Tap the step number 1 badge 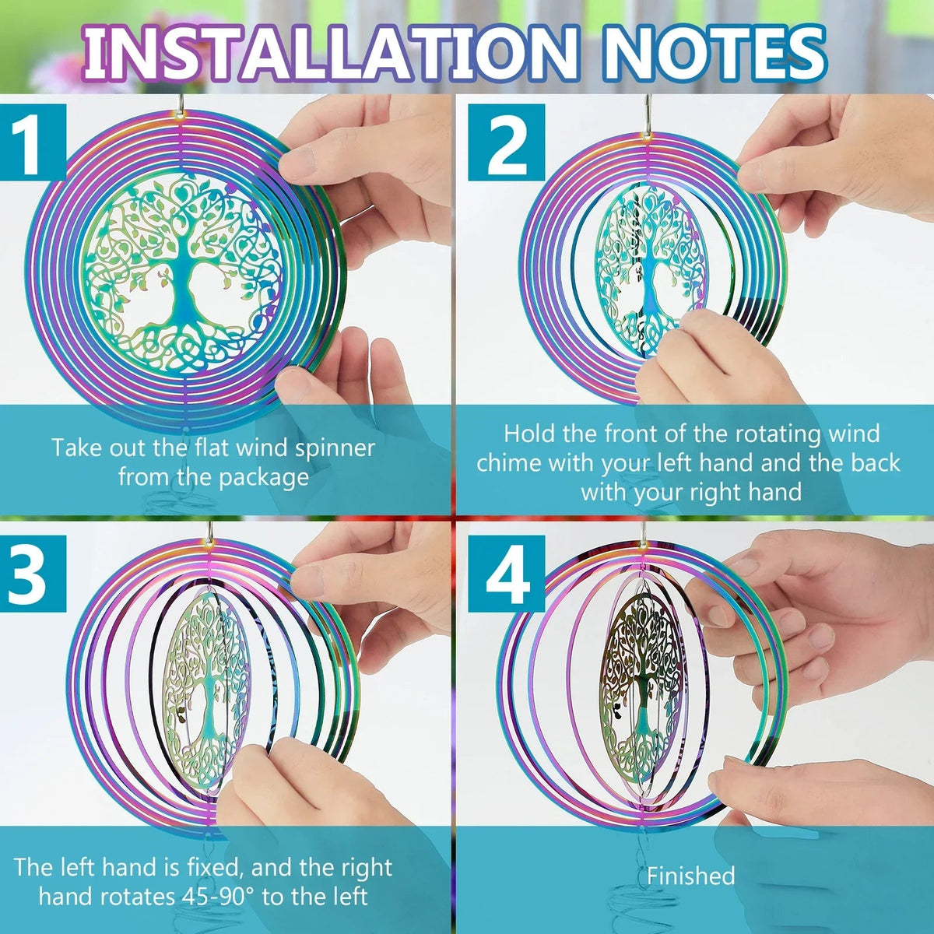pos(33,142)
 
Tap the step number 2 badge pos(506,142)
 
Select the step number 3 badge pos(33,574)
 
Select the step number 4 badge pos(506,574)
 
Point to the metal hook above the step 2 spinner pos(646,114)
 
